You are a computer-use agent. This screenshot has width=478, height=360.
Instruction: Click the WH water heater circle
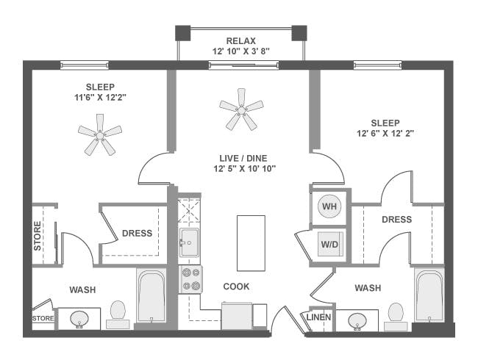click(x=329, y=207)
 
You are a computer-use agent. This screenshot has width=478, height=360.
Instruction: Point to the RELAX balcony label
click(x=240, y=40)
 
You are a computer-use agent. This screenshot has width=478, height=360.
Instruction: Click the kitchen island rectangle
click(x=250, y=242)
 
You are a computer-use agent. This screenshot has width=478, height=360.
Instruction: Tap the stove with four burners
click(x=190, y=278)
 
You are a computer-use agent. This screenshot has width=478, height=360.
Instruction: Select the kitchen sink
click(x=189, y=240)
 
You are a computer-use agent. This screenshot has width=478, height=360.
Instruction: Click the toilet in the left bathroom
click(x=118, y=313)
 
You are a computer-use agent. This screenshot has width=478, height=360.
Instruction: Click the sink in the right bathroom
click(x=358, y=320)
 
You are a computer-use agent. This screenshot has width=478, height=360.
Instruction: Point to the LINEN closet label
click(x=318, y=317)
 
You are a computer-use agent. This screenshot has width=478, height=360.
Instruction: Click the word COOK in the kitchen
click(x=236, y=287)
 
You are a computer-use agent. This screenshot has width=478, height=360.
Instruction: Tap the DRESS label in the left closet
click(x=137, y=234)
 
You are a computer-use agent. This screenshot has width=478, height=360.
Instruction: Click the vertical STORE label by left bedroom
click(x=38, y=235)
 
